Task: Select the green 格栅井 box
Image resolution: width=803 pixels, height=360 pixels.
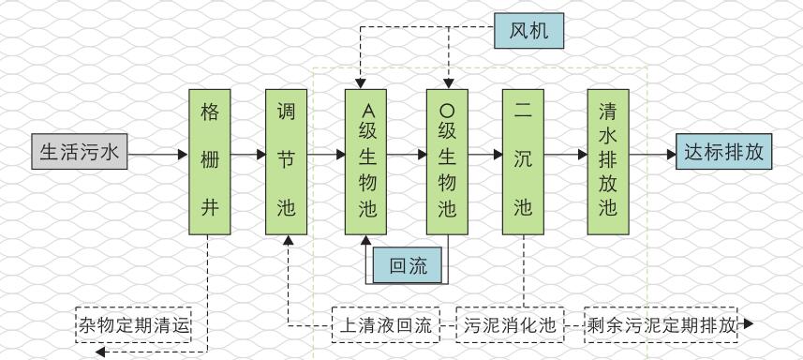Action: coord(210,161)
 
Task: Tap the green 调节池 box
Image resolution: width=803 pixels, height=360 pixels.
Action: coord(287,161)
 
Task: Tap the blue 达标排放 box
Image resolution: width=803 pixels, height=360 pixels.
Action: coord(723,151)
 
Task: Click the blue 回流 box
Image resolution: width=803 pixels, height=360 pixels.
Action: coord(409,266)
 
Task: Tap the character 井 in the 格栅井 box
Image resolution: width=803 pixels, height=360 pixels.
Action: coord(210,207)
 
